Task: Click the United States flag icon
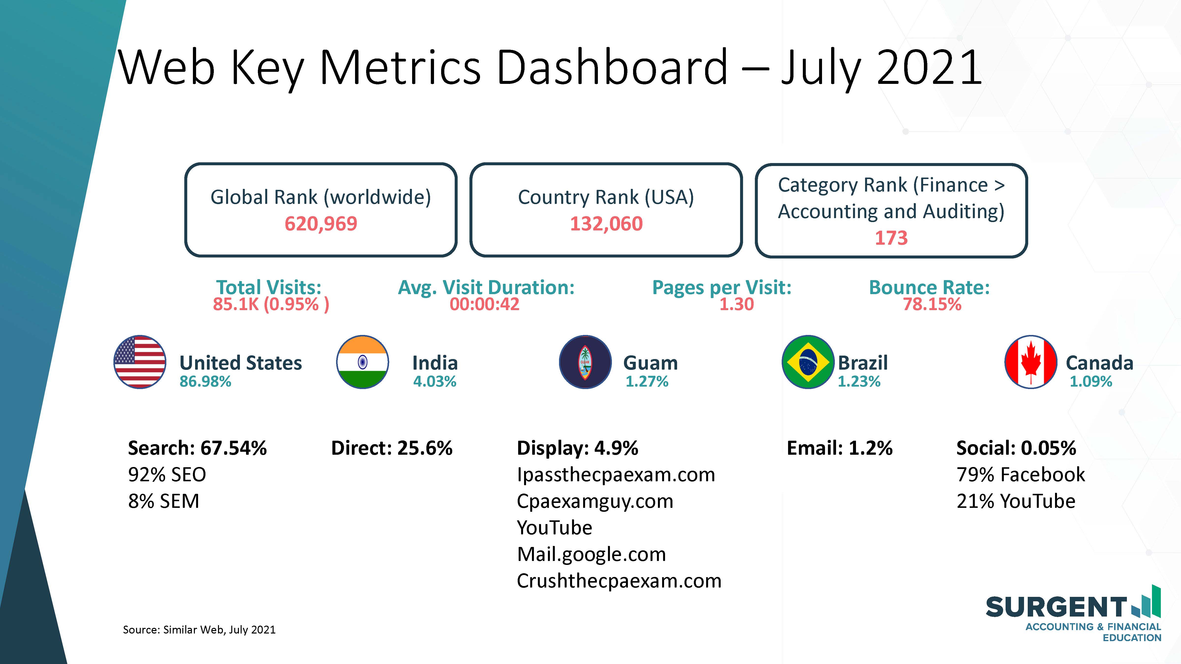tap(140, 362)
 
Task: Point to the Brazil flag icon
tap(808, 362)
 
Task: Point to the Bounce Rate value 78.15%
tap(932, 304)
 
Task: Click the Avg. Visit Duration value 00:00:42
tap(485, 304)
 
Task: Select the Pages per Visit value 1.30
tap(736, 304)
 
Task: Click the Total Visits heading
tap(269, 287)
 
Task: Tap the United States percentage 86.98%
tap(205, 381)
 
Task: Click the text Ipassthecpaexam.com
tap(616, 475)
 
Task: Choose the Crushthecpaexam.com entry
tap(619, 581)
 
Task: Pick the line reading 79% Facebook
tap(1021, 475)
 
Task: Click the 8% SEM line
tap(164, 501)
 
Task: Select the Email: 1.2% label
tap(839, 448)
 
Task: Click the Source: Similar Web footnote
tap(199, 630)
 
